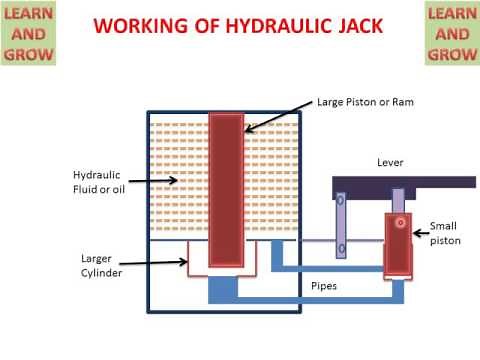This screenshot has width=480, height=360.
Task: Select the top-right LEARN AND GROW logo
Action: point(451,34)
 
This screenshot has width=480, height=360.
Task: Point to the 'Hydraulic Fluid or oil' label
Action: point(98,183)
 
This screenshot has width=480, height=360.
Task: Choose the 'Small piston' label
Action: point(444,233)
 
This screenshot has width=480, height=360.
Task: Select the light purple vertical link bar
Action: point(341,226)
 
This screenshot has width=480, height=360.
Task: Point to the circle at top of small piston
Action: point(400,222)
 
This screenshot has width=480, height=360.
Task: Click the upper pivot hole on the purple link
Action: point(341,201)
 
